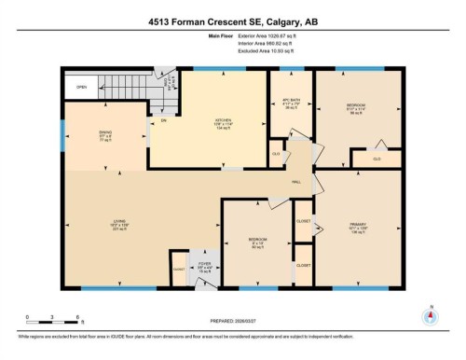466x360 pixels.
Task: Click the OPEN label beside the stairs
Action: click(82, 88)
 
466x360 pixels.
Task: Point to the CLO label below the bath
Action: click(276, 152)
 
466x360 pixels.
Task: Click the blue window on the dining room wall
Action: click(62, 137)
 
